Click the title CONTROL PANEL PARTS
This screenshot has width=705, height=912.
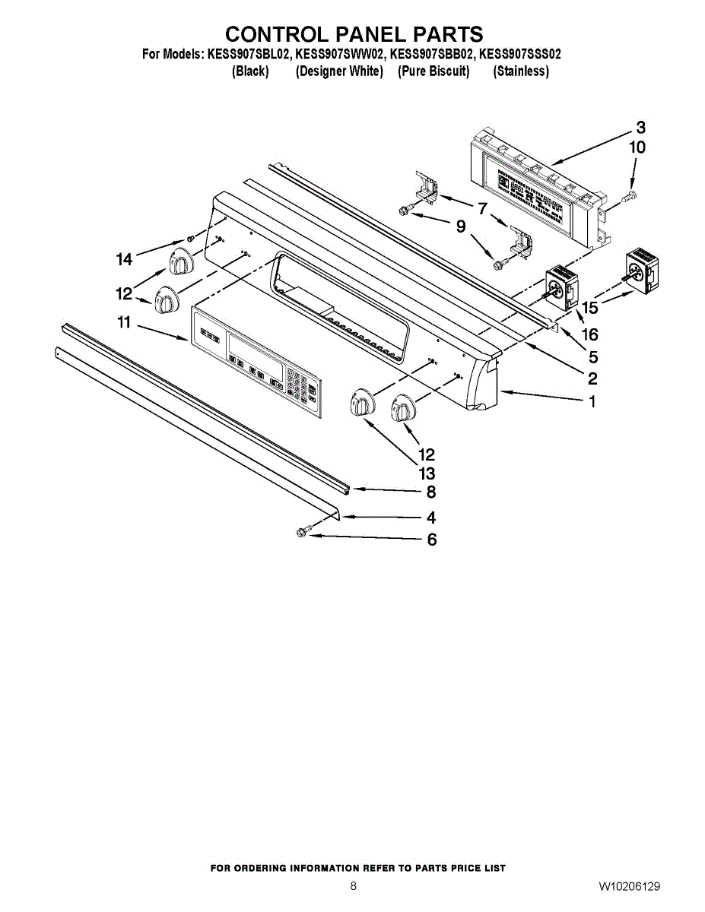click(x=354, y=34)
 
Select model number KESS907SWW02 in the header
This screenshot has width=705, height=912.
click(x=340, y=55)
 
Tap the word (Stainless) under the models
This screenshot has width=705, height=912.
click(x=521, y=71)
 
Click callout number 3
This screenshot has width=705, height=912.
click(x=640, y=127)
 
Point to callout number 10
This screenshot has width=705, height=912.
click(x=637, y=147)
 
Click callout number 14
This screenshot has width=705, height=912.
click(x=124, y=260)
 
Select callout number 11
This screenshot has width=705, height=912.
click(x=124, y=322)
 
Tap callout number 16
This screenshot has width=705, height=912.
click(x=589, y=334)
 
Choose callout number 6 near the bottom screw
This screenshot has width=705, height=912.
click(x=431, y=540)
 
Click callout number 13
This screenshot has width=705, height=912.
click(x=426, y=474)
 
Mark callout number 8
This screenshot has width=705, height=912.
click(x=431, y=492)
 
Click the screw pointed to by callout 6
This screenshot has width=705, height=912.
click(x=301, y=534)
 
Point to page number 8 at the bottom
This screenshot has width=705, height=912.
click(x=353, y=886)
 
